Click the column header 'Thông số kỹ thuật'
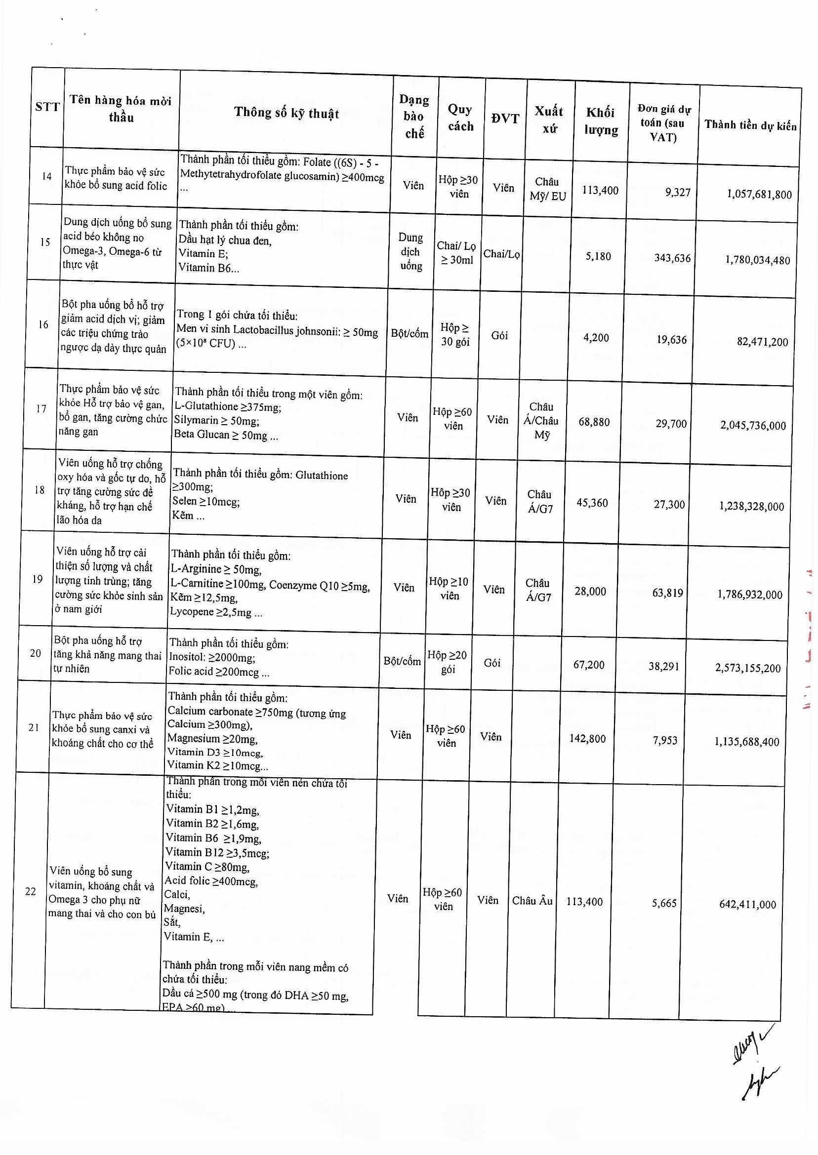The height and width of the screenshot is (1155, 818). click(x=286, y=113)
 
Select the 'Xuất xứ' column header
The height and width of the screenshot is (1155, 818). click(x=548, y=120)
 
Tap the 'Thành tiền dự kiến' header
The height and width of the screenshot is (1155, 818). click(x=750, y=125)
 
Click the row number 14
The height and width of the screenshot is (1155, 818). click(x=47, y=176)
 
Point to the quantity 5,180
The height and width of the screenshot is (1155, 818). click(x=598, y=256)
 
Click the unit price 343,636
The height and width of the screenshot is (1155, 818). click(x=672, y=258)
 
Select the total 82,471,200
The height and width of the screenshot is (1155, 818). click(x=763, y=342)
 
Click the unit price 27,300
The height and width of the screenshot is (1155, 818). click(x=669, y=504)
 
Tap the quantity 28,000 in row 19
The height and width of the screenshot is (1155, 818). click(x=590, y=591)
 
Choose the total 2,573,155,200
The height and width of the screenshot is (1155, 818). click(x=747, y=668)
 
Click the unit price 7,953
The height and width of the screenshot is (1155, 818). click(x=665, y=740)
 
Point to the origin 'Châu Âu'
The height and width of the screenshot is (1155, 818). click(x=532, y=901)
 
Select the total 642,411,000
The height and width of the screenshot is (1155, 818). click(x=747, y=904)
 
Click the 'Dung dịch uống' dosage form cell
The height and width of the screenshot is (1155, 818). click(x=410, y=251)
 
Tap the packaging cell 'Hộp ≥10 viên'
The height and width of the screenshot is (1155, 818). click(x=449, y=589)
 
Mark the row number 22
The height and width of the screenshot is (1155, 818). click(x=31, y=891)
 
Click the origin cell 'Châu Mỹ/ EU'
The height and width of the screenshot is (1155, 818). click(x=547, y=189)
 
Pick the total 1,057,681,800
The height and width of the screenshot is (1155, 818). click(x=759, y=195)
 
